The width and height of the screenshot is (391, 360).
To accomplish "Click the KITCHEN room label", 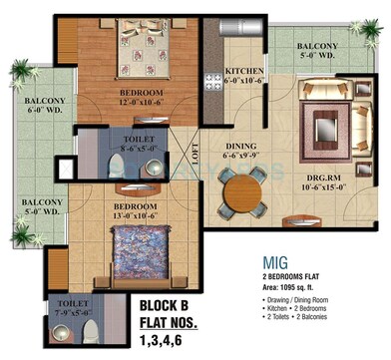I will (242, 72).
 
